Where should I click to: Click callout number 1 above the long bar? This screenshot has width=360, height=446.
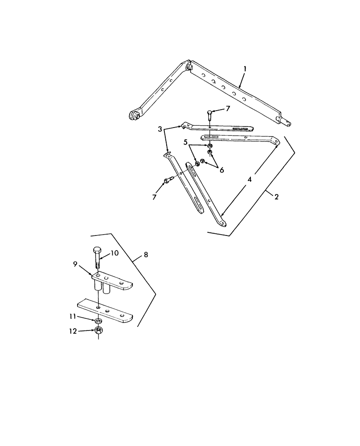click(x=245, y=69)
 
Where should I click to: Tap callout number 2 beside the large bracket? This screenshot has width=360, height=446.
click(x=276, y=197)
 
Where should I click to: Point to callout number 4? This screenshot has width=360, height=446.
click(x=250, y=179)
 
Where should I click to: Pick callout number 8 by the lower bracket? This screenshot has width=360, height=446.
click(x=146, y=255)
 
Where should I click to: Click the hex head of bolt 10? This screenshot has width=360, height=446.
click(x=98, y=250)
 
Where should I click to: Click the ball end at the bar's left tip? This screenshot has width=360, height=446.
click(x=134, y=115)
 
